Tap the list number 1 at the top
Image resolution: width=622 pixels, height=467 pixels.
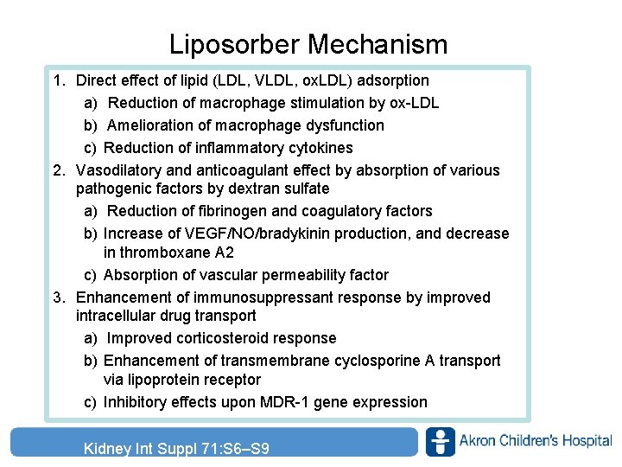tap(57, 80)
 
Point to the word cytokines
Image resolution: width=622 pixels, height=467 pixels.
tap(321, 148)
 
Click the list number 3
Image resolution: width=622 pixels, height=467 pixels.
tap(57, 297)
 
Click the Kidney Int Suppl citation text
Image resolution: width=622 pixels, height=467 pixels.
tap(176, 448)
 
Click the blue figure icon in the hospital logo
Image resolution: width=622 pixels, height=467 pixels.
tap(441, 442)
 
